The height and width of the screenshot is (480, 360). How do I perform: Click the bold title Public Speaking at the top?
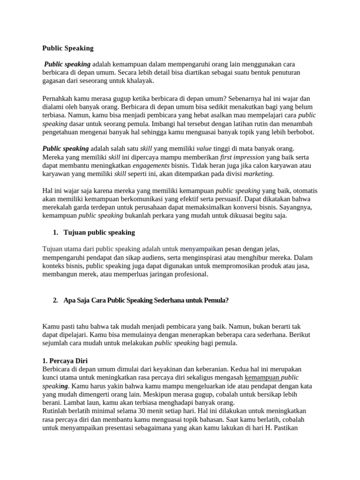pyautogui.click(x=68, y=48)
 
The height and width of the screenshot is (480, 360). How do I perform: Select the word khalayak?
pyautogui.click(x=138, y=81)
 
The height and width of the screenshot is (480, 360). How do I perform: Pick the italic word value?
pyautogui.click(x=204, y=149)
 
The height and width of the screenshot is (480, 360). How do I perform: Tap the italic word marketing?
pyautogui.click(x=258, y=174)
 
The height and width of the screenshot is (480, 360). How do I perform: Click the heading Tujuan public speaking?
pyautogui.click(x=99, y=232)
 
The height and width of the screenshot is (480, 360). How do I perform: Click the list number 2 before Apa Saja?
pyautogui.click(x=55, y=300)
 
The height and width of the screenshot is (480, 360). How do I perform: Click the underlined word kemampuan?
pyautogui.click(x=262, y=377)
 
